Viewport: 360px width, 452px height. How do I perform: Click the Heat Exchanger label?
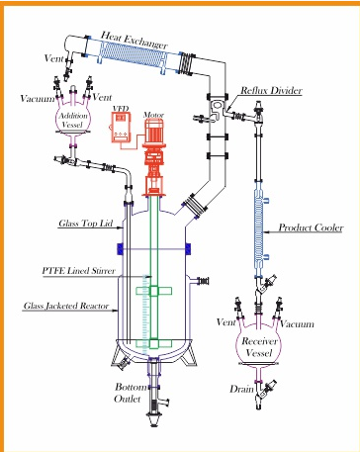pos(135,40)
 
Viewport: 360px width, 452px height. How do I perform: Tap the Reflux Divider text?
pos(271,90)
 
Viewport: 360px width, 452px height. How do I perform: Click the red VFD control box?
pos(121,127)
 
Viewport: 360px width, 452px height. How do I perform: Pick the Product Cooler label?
pos(311,227)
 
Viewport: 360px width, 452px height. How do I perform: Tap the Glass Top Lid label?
pos(86,224)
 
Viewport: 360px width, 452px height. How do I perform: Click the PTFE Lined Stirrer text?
pos(79,271)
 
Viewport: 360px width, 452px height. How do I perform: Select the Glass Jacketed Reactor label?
pos(66,306)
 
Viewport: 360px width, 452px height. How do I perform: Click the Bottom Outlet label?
pos(131,393)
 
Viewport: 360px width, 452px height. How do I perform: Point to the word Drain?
pos(242,389)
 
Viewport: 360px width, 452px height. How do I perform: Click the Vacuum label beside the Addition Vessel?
pos(38,99)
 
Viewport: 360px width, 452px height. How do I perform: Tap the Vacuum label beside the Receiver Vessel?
pos(297,324)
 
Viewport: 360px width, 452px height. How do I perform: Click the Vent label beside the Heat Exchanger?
pos(54,58)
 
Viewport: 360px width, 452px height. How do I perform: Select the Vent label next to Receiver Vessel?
pos(226,321)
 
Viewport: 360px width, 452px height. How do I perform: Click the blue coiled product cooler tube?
pos(259,229)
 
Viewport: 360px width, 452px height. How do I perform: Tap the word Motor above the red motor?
pos(153,115)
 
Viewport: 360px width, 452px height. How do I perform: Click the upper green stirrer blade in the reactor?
pos(154,291)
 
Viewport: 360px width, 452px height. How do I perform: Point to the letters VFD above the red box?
pos(121,108)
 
